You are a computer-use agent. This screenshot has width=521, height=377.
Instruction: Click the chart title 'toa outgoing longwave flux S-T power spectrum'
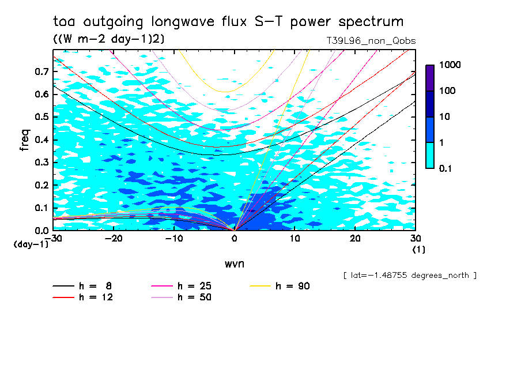coord(228,22)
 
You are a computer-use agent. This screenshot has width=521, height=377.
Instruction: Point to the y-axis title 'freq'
coord(25,140)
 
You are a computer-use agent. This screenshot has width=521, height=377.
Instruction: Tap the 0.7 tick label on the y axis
coord(42,71)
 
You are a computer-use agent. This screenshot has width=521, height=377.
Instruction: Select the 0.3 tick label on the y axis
coord(42,163)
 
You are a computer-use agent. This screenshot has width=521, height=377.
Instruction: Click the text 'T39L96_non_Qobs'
coord(371,41)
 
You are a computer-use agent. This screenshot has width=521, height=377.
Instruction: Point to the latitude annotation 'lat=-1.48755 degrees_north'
coord(410,276)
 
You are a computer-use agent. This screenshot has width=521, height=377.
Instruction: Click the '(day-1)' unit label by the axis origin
coord(31,244)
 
